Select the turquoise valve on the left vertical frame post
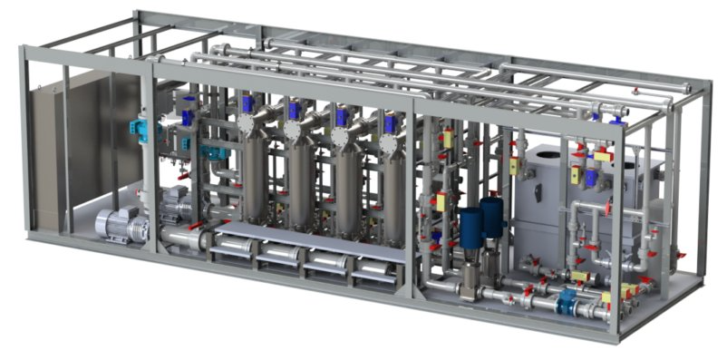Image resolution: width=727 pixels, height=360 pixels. click(x=141, y=129)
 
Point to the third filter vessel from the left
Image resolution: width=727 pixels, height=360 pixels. click(x=347, y=186)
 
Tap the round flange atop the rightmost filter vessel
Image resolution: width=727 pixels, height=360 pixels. click(x=388, y=142)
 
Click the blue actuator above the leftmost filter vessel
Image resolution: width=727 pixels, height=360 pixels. click(x=247, y=103)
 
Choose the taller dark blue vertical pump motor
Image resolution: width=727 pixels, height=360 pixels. click(x=492, y=219)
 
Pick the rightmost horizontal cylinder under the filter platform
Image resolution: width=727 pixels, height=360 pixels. click(x=374, y=268)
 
